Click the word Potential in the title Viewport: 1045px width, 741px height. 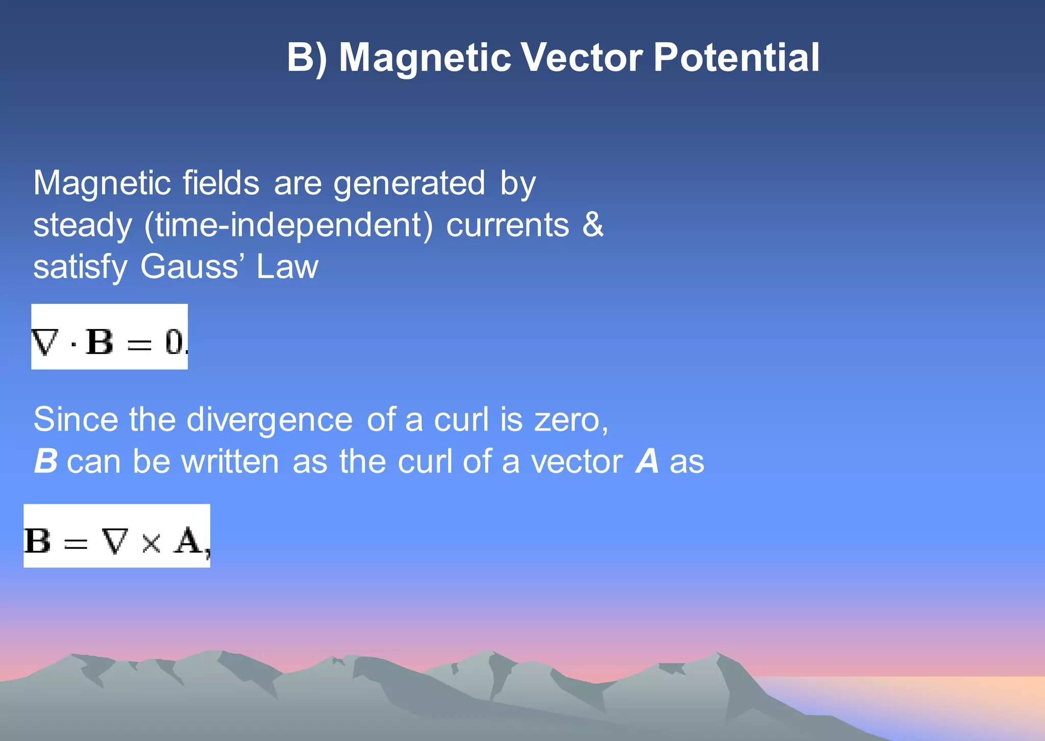(x=736, y=57)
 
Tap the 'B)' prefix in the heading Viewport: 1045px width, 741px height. (x=307, y=57)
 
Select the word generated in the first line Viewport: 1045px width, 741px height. (x=409, y=184)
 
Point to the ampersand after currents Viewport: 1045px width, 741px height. (x=593, y=225)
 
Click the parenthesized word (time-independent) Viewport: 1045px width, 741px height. (x=288, y=225)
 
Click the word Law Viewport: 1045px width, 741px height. (x=287, y=266)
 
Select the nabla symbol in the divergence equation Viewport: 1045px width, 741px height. (x=44, y=342)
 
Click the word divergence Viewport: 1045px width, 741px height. (x=269, y=420)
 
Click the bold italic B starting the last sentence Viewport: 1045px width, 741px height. (x=45, y=461)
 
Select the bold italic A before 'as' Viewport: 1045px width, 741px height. (x=647, y=461)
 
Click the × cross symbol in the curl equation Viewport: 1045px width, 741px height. (x=151, y=543)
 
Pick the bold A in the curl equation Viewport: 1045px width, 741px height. (x=188, y=541)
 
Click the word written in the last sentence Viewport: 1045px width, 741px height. (x=230, y=461)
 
